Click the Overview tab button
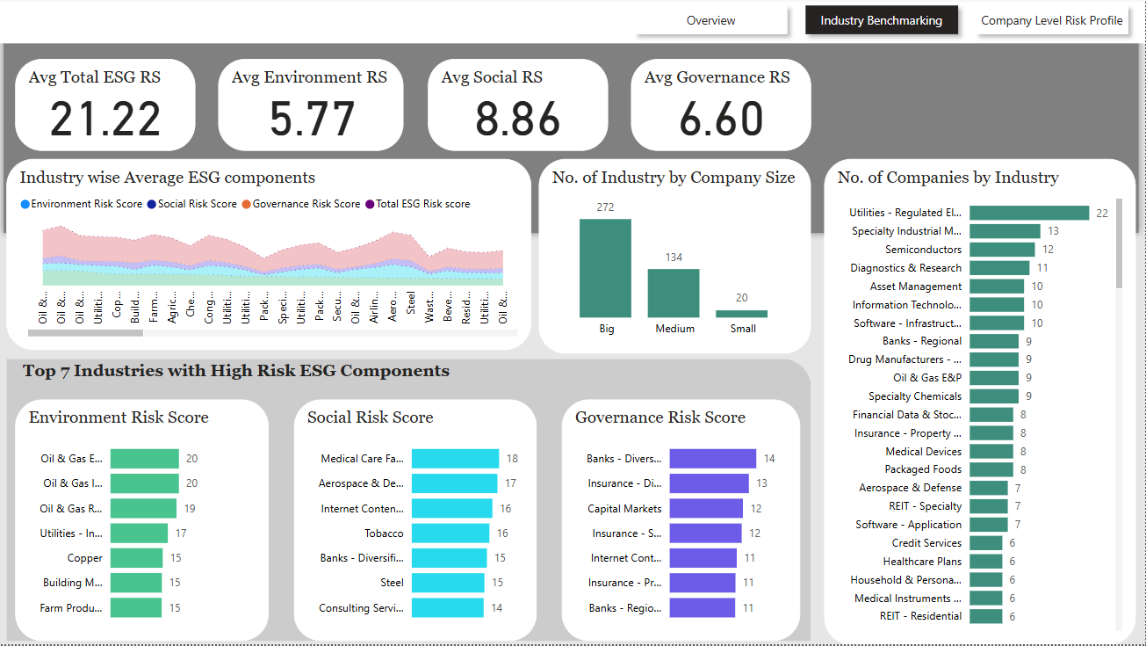710,20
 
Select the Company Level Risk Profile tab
1051,20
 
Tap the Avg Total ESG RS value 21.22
105,120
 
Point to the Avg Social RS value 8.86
517,120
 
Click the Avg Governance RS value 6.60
721,120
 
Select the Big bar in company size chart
605,268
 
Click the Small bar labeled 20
741,313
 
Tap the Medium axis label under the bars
674,329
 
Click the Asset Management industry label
916,287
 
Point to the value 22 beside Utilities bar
1102,213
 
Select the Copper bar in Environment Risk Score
136,558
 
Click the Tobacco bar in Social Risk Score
450,533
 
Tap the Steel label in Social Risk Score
393,583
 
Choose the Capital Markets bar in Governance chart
706,509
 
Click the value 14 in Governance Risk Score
769,459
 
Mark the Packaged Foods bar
991,469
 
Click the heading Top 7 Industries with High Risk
236,371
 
